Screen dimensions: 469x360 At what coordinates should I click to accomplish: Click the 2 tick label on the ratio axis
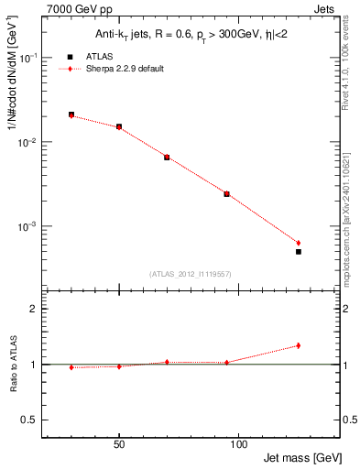point(35,310)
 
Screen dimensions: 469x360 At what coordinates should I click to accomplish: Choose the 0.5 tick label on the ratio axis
point(31,420)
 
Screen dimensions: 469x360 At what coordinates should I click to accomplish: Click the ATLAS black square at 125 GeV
point(299,251)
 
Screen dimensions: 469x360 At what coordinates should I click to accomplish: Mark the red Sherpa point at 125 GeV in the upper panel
point(299,243)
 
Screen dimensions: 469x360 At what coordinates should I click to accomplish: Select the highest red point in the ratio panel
point(299,345)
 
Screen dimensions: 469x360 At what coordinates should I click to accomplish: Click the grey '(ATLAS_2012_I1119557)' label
point(190,274)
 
